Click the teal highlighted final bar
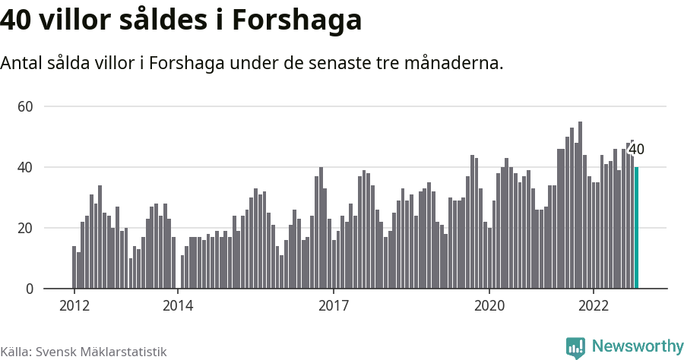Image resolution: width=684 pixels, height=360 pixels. click(x=637, y=228)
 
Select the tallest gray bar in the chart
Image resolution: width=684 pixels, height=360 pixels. click(x=580, y=205)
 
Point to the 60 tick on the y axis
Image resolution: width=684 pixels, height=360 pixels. click(x=26, y=106)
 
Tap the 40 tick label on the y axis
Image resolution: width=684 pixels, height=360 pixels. click(x=26, y=167)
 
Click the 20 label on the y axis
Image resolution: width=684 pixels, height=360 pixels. click(x=26, y=228)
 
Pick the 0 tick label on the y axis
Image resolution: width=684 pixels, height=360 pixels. click(x=30, y=289)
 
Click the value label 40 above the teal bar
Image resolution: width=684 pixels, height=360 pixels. click(x=637, y=150)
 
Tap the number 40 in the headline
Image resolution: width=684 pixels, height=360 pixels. click(x=17, y=21)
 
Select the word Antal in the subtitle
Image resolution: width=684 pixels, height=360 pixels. click(x=21, y=64)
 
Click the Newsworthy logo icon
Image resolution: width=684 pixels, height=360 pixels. click(x=575, y=347)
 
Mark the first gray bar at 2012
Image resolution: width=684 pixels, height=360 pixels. click(x=74, y=267)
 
